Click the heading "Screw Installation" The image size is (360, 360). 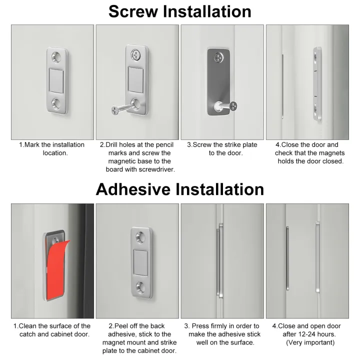click(x=179, y=11)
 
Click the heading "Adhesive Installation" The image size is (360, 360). click(x=179, y=189)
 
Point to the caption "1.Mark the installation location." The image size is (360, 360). click(x=52, y=148)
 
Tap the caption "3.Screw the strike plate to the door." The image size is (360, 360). click(x=222, y=148)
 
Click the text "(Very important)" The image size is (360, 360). click(x=310, y=342)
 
